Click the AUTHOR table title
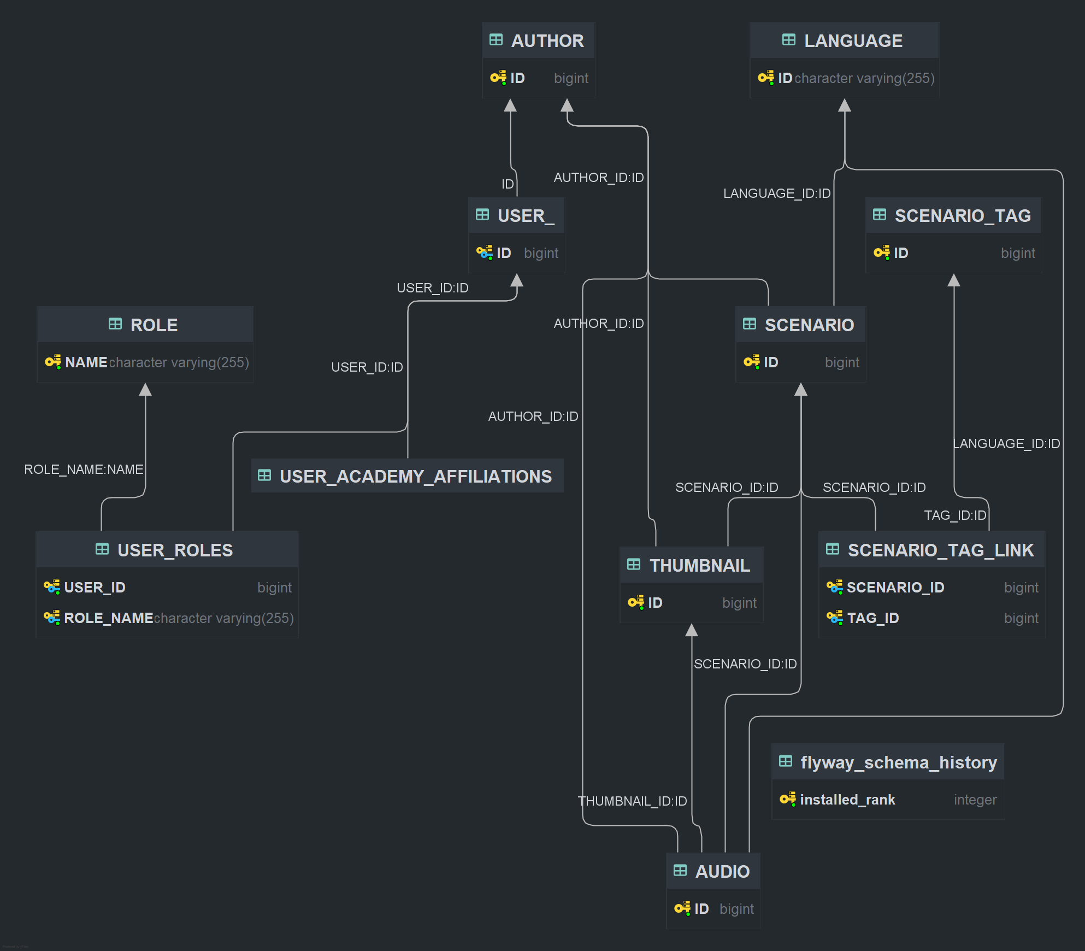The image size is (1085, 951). [x=547, y=41]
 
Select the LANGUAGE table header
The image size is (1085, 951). [x=853, y=41]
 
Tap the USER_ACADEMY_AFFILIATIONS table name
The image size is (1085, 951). [x=415, y=477]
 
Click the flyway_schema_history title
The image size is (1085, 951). [x=898, y=762]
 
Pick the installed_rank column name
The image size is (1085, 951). [x=847, y=800]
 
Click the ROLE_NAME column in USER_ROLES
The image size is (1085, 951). [x=108, y=618]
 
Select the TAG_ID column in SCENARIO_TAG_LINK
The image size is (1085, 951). [x=872, y=618]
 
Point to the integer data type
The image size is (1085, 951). [x=975, y=800]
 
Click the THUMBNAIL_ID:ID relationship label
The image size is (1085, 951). [x=632, y=801]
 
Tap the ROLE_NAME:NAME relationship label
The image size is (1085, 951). [x=84, y=469]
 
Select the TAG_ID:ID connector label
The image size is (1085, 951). [x=955, y=515]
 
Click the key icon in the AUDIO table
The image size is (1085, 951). [x=682, y=909]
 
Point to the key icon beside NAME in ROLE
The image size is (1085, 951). [x=52, y=362]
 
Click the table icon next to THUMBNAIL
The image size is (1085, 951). [x=634, y=565]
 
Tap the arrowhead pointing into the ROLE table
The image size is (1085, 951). [x=145, y=390]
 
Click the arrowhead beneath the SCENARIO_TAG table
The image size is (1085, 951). [x=954, y=280]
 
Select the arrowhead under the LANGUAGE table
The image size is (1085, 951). [x=845, y=105]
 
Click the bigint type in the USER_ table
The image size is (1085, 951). [x=541, y=253]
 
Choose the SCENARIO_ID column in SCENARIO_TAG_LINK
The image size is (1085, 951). [x=895, y=588]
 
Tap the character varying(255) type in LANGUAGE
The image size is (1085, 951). [x=864, y=78]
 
